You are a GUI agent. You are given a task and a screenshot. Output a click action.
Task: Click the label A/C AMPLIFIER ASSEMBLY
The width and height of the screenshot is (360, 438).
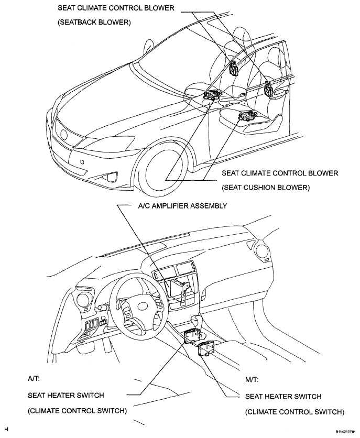point(182,206)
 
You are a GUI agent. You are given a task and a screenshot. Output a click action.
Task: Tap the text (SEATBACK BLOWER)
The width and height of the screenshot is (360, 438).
point(94,23)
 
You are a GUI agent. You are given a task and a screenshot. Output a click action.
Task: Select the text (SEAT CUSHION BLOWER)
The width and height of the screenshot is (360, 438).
point(266,188)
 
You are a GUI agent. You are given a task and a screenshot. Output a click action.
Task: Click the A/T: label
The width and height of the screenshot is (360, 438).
point(34,379)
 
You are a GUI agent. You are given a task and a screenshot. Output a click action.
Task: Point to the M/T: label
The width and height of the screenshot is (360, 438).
point(252,380)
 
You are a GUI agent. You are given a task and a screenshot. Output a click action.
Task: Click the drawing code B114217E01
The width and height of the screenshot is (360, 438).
point(345,431)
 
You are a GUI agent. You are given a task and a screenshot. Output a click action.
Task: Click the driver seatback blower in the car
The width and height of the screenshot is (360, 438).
point(233,68)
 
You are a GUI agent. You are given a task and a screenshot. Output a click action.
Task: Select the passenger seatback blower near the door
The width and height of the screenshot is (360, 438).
point(268,90)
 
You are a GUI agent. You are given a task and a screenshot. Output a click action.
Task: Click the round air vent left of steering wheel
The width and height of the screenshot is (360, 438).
point(82,300)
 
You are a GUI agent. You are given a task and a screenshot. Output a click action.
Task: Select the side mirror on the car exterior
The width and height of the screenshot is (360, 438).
point(149,45)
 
